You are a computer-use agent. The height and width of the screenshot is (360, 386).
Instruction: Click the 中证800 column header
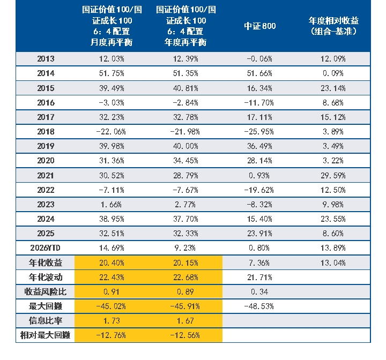tap(259, 26)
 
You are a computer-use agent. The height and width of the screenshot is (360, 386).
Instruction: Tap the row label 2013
tap(46, 59)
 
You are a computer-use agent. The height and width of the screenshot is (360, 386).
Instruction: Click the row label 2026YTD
tap(45, 248)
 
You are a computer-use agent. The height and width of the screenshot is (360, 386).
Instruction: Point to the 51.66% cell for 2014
tap(259, 73)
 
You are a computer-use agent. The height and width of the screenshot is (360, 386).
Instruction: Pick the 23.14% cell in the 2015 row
tap(333, 88)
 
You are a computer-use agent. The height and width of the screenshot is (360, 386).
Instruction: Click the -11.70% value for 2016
tap(259, 103)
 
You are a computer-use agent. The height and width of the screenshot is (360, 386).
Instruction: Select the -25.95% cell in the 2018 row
tap(259, 132)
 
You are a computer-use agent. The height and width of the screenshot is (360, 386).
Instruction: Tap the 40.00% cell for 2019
tap(185, 146)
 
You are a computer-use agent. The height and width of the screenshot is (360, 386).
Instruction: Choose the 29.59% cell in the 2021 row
tap(333, 176)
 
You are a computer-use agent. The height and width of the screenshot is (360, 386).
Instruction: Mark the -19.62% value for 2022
tap(259, 190)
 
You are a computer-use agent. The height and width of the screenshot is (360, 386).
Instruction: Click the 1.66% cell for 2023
tap(111, 205)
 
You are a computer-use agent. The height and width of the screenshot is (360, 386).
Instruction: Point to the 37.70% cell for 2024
tap(185, 219)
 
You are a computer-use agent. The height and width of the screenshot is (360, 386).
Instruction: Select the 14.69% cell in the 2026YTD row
tap(112, 248)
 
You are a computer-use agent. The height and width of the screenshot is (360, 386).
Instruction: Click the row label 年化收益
tap(45, 263)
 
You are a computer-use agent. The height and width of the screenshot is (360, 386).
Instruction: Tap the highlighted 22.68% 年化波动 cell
tap(185, 277)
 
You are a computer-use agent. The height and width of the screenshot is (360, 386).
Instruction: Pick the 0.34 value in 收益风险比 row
tap(259, 292)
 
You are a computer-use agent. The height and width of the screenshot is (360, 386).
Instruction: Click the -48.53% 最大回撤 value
tap(259, 306)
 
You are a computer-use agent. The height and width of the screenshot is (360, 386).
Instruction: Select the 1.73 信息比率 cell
tap(112, 321)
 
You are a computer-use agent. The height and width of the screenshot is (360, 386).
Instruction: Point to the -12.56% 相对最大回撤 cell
tap(185, 335)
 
